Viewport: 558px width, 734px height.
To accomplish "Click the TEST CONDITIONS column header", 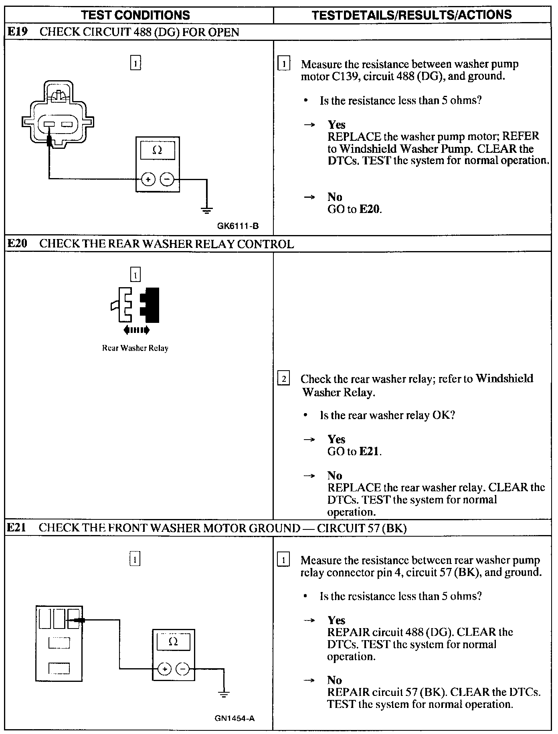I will [x=135, y=15].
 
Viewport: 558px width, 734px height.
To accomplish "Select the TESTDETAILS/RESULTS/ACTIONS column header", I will [x=412, y=15].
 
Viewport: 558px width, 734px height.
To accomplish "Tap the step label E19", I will [x=17, y=32].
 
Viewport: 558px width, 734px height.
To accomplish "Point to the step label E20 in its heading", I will [x=17, y=243].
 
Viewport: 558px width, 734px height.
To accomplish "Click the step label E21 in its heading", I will [x=17, y=527].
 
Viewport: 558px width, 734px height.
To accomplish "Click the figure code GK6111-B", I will [x=238, y=226].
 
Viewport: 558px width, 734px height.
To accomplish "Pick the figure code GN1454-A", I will [x=235, y=718].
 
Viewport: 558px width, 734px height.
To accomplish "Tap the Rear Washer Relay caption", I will [x=135, y=348].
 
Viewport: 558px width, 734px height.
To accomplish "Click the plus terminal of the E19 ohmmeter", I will [x=148, y=179].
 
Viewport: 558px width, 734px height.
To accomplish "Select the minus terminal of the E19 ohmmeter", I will [x=167, y=179].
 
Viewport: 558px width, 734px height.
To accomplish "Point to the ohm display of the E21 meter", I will [x=173, y=642].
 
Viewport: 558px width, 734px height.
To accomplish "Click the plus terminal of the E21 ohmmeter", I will [x=164, y=669].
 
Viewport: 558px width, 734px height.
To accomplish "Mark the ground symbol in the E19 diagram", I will [x=207, y=209].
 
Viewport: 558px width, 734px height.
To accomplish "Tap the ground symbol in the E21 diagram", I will [x=224, y=694].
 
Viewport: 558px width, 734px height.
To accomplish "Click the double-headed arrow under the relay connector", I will [x=136, y=330].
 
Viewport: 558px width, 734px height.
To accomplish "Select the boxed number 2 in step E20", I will [x=283, y=379].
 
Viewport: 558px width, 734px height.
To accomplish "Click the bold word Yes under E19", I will [x=336, y=125].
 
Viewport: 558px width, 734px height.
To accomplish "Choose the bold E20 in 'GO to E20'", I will [x=369, y=209].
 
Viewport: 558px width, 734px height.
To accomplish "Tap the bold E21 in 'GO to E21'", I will [x=369, y=451].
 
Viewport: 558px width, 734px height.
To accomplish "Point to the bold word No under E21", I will [x=334, y=680].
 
